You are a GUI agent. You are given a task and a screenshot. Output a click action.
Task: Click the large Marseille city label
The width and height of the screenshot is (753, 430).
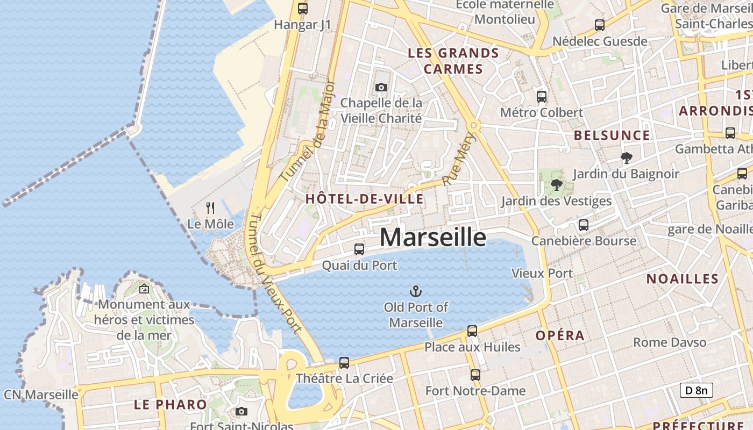point(433,237)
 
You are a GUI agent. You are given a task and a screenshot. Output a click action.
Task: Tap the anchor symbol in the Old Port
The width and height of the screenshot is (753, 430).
point(415,291)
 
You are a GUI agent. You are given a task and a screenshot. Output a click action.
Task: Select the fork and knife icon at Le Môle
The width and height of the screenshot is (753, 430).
point(210,207)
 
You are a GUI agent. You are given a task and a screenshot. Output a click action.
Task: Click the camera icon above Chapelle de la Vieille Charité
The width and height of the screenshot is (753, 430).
point(381,87)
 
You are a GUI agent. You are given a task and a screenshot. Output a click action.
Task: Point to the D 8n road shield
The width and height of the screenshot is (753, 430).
point(697,390)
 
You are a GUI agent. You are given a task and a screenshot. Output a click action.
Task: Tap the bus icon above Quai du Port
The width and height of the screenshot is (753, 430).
point(359,249)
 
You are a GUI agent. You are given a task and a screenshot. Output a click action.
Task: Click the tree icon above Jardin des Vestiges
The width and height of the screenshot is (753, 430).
point(556,185)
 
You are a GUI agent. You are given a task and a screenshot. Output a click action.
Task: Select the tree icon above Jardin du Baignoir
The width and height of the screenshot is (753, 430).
point(626,158)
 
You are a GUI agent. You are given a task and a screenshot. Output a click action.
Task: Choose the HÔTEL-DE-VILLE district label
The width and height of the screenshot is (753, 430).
point(364,199)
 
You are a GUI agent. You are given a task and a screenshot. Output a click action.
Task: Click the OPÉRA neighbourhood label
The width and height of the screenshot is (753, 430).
point(560,335)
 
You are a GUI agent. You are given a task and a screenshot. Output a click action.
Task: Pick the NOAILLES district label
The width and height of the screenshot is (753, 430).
point(682,278)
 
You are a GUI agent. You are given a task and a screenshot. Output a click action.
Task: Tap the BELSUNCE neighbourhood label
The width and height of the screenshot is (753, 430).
point(612,135)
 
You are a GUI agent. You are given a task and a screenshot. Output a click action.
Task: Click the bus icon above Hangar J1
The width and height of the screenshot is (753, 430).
point(303,9)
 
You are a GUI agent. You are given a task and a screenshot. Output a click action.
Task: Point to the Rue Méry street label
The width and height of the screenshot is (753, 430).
point(453,159)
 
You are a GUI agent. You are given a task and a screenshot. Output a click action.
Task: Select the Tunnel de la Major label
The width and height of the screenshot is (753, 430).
point(308,131)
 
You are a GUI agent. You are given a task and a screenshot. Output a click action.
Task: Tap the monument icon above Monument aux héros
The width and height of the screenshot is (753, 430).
point(144,289)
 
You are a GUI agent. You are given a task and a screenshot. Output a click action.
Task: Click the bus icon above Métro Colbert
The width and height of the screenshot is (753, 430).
point(541,97)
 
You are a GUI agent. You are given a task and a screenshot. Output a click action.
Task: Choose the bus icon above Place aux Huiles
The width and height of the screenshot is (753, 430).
point(472,331)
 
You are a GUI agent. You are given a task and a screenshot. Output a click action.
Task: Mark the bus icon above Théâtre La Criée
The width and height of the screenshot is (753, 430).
point(344,363)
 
